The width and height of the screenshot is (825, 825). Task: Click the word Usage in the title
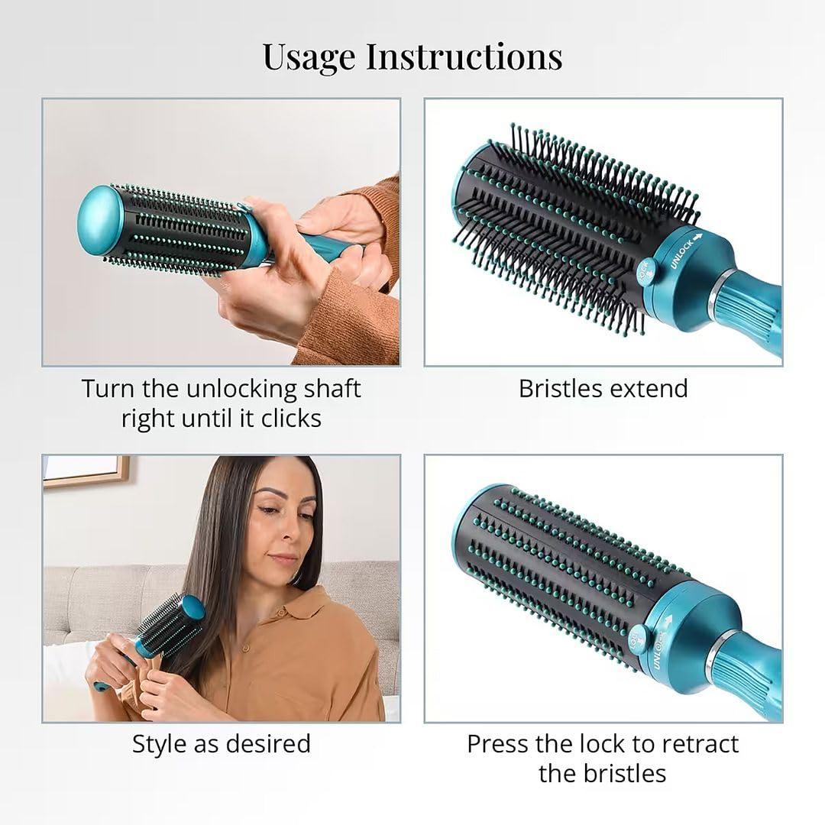pos(309,57)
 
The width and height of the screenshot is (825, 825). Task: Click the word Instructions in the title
pos(464,56)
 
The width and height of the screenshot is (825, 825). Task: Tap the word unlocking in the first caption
pos(236,390)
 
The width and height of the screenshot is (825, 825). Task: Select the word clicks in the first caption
pos(291,419)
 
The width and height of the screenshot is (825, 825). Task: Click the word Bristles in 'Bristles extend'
pos(561,390)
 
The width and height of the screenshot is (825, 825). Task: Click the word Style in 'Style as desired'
pos(160,745)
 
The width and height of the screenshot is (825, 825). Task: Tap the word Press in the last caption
pos(497,745)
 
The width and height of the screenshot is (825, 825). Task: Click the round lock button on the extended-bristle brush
pos(645,272)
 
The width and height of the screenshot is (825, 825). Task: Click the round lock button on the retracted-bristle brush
pos(638,638)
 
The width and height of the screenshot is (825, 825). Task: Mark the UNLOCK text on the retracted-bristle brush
pos(660,650)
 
